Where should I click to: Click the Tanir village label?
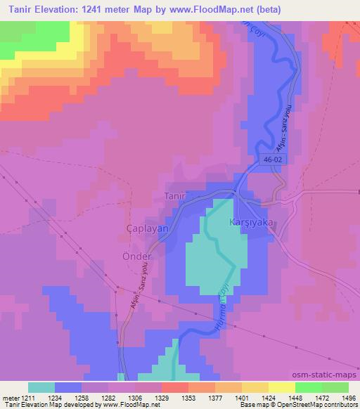(x=175, y=196)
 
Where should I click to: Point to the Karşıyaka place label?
(x=251, y=222)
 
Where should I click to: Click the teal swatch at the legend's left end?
(x=41, y=387)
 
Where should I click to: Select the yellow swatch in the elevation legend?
(x=282, y=387)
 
